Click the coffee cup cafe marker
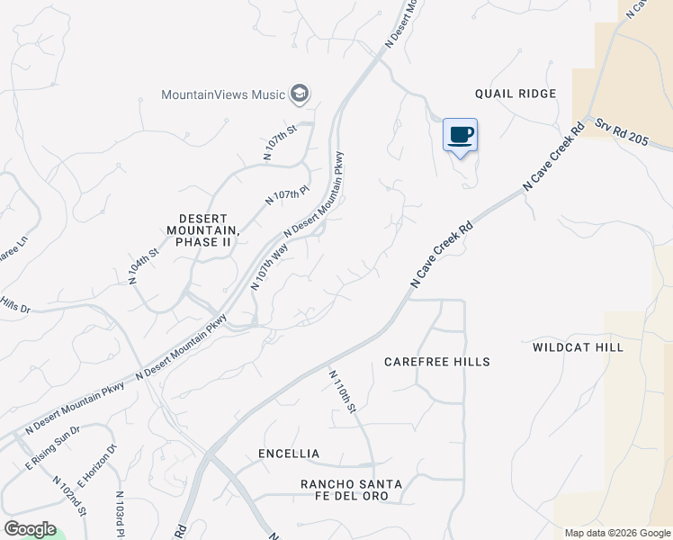(x=460, y=136)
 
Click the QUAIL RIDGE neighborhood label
(x=516, y=94)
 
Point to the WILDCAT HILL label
(x=578, y=346)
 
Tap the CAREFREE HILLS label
(x=436, y=362)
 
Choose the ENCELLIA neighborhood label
(x=288, y=454)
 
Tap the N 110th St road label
(x=343, y=392)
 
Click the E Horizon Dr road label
(x=98, y=463)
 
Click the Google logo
(x=30, y=529)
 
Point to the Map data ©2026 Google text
(x=617, y=533)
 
